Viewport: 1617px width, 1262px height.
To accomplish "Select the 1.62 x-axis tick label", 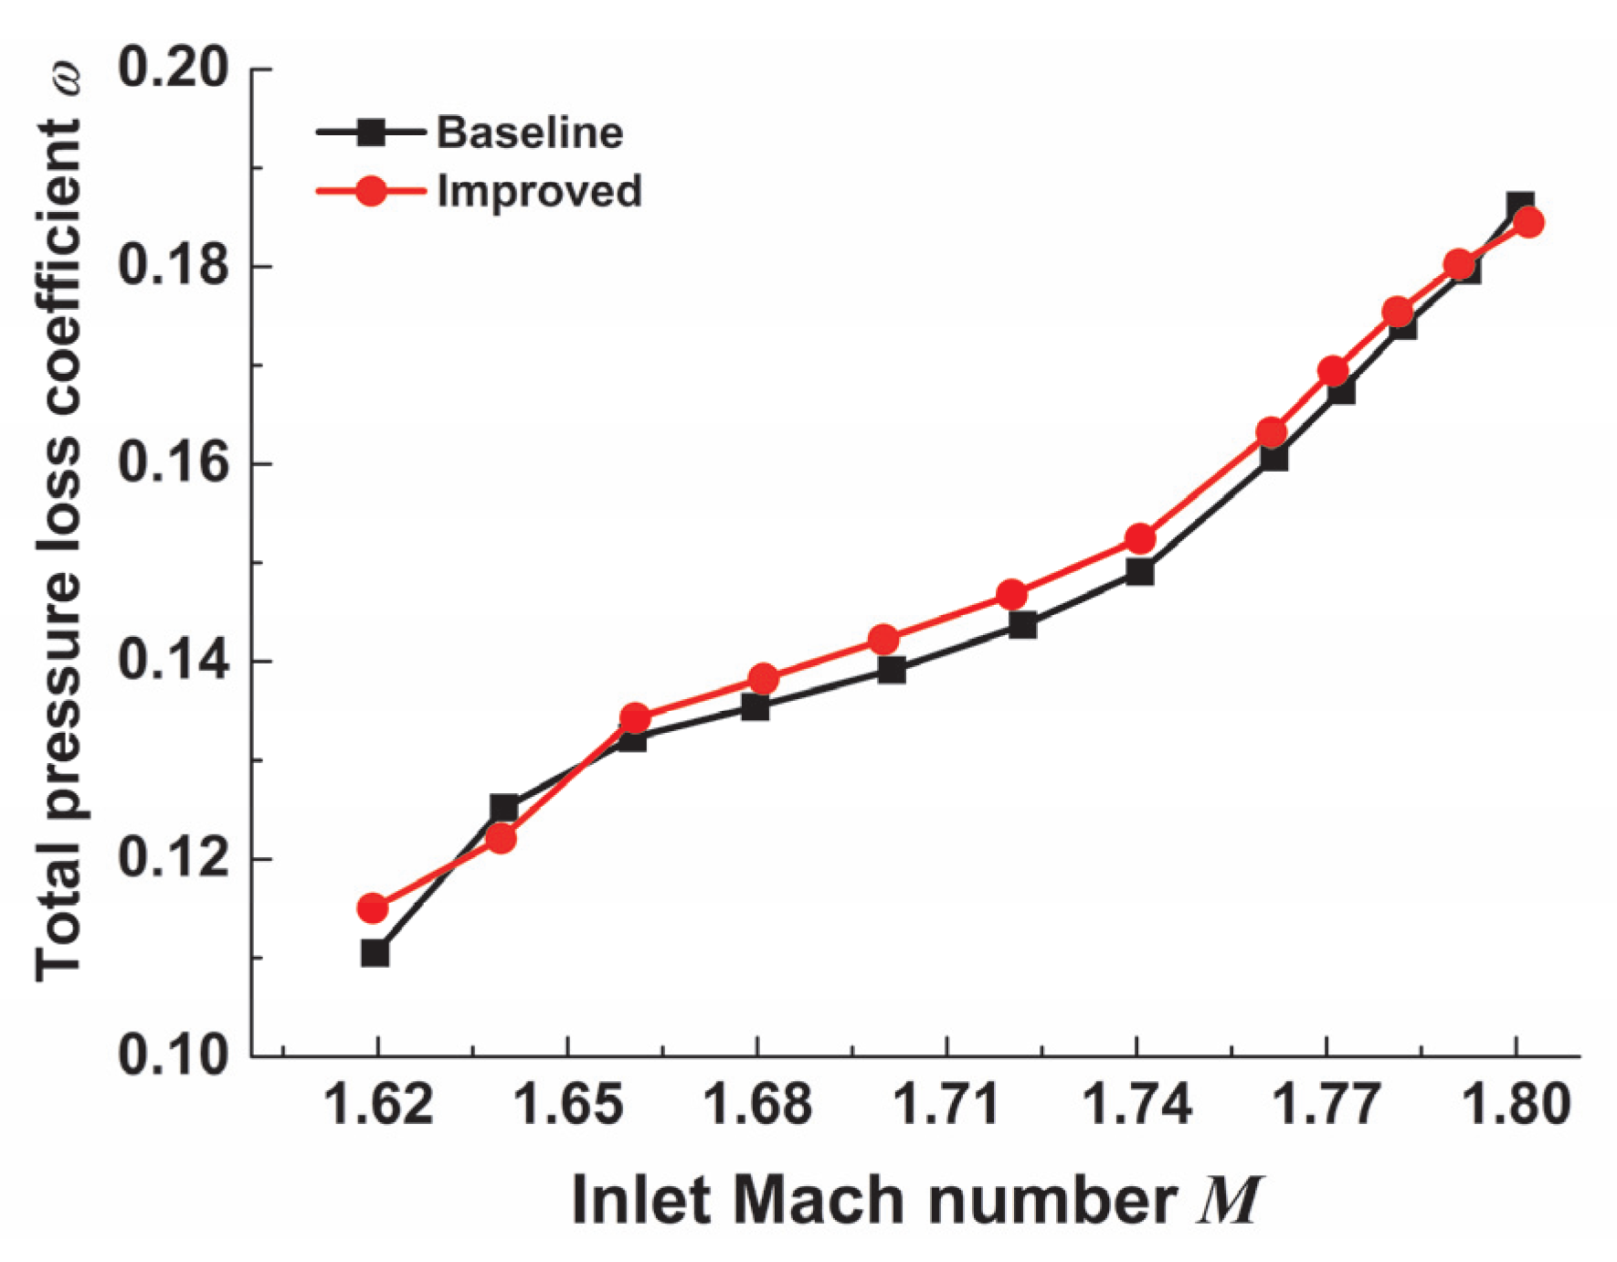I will click(378, 1104).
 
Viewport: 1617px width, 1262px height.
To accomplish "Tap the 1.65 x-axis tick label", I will click(568, 1104).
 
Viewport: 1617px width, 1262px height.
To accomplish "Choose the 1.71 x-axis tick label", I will click(947, 1104).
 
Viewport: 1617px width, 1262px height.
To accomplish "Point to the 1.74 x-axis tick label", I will click(1137, 1104).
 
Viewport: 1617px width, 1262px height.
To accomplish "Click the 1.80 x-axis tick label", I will click(1517, 1104).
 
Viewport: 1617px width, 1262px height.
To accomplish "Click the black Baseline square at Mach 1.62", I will click(375, 953).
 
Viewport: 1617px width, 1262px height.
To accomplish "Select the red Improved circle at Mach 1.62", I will click(373, 908).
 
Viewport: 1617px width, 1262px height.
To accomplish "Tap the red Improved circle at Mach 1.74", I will click(1140, 539).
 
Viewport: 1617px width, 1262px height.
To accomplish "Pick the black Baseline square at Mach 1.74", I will click(1140, 573).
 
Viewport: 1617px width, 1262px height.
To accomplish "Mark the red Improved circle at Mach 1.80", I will click(1528, 222).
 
